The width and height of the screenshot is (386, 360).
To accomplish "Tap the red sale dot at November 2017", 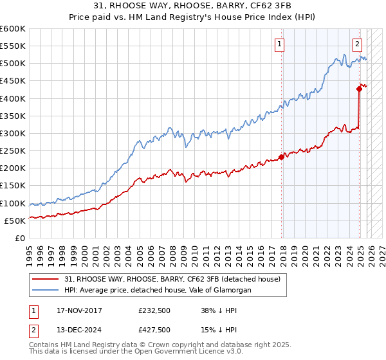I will click(282, 156).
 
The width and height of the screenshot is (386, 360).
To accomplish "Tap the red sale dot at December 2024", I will click(359, 89).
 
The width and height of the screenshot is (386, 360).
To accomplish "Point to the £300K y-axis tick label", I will click(13, 133).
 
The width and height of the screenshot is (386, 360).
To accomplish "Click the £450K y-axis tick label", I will click(13, 81).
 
